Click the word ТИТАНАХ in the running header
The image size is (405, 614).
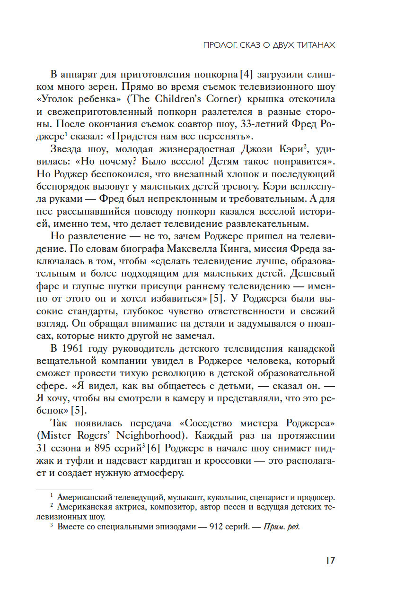click(x=315, y=45)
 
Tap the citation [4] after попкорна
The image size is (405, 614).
click(x=237, y=75)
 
